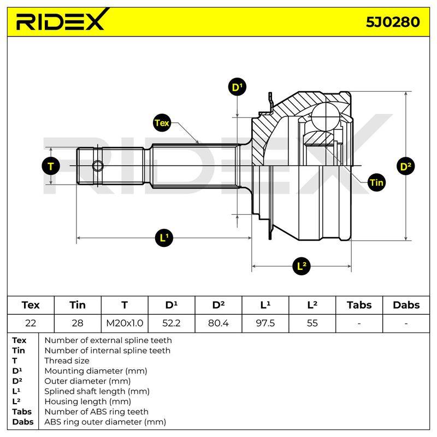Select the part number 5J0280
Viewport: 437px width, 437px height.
393,22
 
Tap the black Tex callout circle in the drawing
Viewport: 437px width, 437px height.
162,123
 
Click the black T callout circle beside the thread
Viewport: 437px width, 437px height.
51,167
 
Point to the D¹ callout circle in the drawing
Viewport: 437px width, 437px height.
237,87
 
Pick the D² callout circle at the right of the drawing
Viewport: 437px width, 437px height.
405,167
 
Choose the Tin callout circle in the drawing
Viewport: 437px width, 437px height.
377,182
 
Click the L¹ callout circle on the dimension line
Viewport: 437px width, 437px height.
164,238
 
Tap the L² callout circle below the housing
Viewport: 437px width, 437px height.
302,266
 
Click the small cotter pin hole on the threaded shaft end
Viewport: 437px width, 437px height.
98,166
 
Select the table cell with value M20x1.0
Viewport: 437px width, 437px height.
125,323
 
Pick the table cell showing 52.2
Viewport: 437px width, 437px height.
172,323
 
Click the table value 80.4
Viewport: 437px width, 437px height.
218,323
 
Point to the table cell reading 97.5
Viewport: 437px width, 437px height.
265,323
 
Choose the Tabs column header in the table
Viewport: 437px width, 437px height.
359,305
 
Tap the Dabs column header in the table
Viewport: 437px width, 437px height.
406,305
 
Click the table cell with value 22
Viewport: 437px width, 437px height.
31,323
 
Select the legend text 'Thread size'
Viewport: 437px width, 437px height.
67,361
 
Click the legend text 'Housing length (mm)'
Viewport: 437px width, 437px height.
87,401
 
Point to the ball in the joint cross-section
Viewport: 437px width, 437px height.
326,116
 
